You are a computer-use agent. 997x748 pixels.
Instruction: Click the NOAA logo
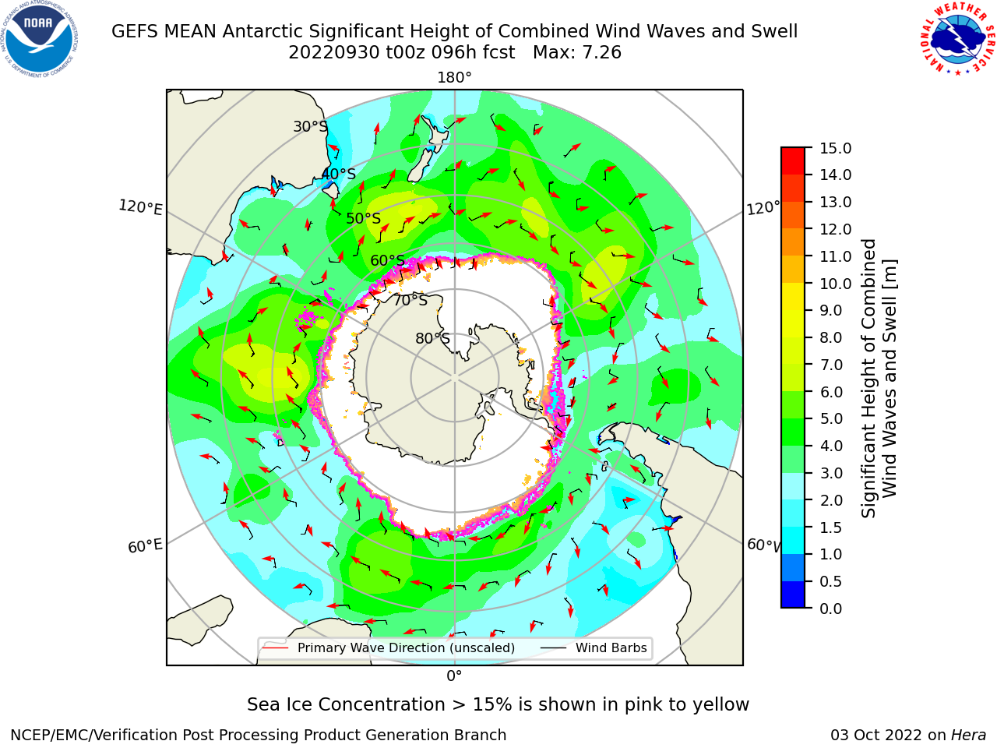point(40,39)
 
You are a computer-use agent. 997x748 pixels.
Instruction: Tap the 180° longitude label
point(454,78)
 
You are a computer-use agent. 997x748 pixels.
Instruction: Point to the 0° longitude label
point(454,676)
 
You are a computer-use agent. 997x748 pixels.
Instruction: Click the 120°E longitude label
point(140,207)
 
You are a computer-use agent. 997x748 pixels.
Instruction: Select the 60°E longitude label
point(145,545)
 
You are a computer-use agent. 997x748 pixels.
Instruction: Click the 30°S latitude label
point(310,126)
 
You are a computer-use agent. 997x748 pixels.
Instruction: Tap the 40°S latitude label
point(339,174)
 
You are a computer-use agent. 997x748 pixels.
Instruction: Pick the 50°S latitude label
point(364,218)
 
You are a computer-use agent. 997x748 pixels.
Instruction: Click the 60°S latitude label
point(387,260)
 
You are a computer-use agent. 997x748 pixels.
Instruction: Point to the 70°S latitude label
point(410,300)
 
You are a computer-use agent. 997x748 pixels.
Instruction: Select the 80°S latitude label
point(433,338)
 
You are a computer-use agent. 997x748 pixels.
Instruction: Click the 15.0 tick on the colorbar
point(835,148)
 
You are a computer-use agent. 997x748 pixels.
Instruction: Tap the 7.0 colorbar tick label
point(831,365)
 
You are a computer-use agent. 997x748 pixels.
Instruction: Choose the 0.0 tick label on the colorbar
point(831,609)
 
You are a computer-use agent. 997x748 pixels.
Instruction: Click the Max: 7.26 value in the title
point(577,53)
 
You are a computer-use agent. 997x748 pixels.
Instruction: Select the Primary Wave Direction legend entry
point(389,647)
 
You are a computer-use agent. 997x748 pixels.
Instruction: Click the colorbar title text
point(878,378)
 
